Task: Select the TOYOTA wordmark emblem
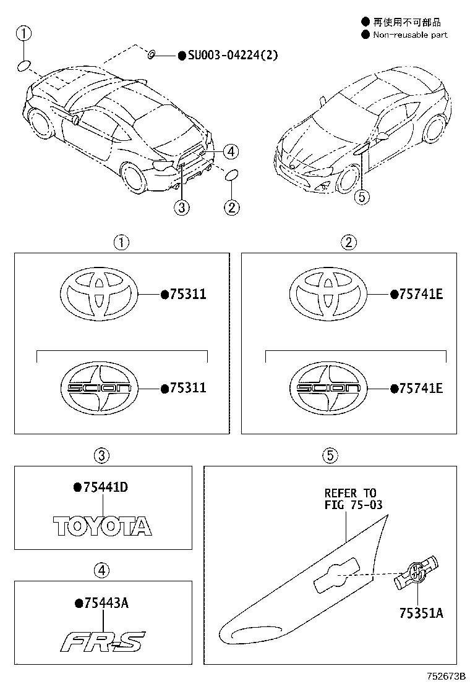[x=102, y=526]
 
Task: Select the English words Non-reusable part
[x=409, y=35]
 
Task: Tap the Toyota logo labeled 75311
[x=98, y=295]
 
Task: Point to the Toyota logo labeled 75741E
[x=328, y=295]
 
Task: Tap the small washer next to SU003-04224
[x=152, y=56]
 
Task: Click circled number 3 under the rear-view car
[x=181, y=208]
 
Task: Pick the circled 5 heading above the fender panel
[x=330, y=456]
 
